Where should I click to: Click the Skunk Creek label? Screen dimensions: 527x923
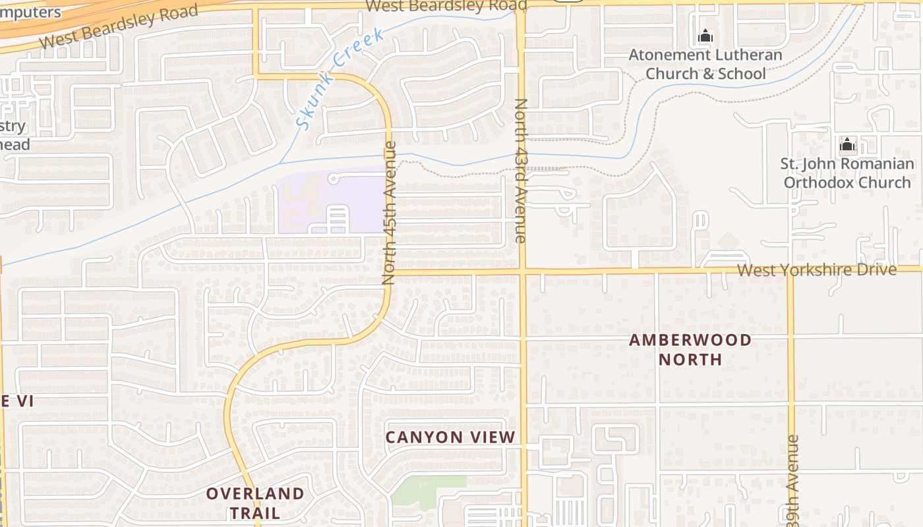(x=340, y=78)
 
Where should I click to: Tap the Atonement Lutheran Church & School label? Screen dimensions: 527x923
(x=705, y=64)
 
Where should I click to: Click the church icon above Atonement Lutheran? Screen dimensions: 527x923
(x=705, y=36)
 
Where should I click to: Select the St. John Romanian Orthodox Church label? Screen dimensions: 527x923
(x=848, y=173)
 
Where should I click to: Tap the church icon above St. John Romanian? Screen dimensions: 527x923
(x=847, y=144)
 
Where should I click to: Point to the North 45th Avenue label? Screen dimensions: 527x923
(x=390, y=213)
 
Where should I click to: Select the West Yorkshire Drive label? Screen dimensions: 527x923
(x=816, y=269)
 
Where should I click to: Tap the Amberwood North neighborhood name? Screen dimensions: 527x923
(x=690, y=350)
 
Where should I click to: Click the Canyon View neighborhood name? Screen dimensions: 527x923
(x=450, y=437)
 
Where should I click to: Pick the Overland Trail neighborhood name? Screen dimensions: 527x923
(x=255, y=503)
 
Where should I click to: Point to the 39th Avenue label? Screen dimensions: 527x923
(x=792, y=481)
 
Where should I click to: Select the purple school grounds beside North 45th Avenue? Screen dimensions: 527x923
(x=330, y=201)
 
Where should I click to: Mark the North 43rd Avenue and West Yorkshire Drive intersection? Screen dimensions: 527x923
(x=521, y=271)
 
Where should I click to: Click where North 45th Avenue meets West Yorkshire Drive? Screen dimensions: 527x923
(x=390, y=271)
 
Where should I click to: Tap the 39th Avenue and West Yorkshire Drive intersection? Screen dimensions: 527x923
(x=790, y=270)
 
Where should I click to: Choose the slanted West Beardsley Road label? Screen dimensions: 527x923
(x=119, y=26)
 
